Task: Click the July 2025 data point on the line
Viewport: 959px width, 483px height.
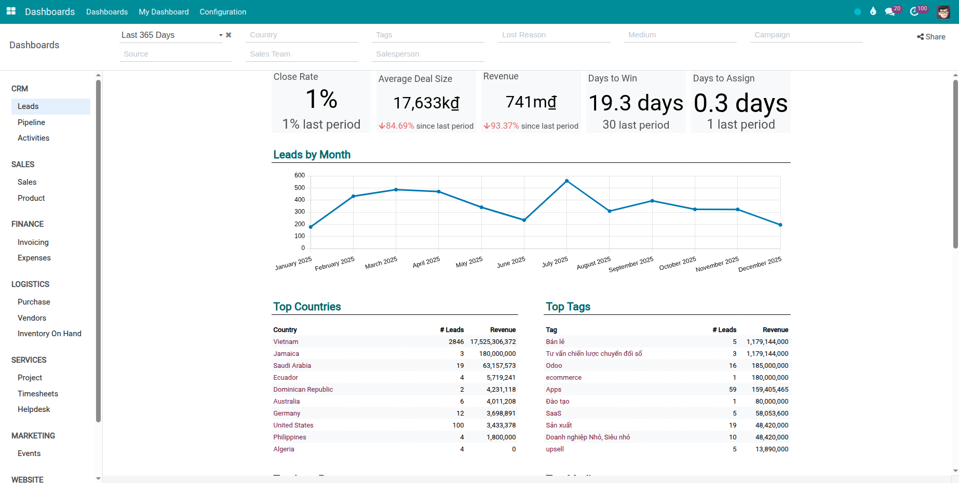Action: click(x=566, y=181)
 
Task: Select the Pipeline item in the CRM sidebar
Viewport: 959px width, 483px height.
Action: click(x=31, y=122)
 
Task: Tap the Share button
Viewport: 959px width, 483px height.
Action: click(x=931, y=37)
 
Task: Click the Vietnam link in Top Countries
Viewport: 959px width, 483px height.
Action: click(x=286, y=342)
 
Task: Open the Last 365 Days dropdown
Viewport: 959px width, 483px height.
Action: click(x=171, y=35)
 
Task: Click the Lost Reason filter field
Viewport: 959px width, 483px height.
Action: click(x=553, y=35)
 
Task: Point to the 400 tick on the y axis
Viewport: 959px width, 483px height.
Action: click(x=300, y=200)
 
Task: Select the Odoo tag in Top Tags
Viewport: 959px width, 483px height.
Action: click(x=553, y=366)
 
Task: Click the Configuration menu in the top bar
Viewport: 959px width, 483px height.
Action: click(x=223, y=12)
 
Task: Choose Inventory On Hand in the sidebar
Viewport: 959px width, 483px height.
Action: click(x=49, y=334)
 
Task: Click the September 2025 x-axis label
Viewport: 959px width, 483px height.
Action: click(x=631, y=265)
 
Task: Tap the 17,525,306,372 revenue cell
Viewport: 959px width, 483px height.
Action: click(x=493, y=342)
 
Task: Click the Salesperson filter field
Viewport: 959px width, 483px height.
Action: click(x=427, y=54)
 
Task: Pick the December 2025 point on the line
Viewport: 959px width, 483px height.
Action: click(x=780, y=225)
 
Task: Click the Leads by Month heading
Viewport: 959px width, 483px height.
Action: click(x=312, y=155)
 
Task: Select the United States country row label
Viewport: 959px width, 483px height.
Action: click(x=293, y=425)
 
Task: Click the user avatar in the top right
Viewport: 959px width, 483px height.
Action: click(x=943, y=11)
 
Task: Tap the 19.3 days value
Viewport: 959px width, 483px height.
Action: click(x=636, y=103)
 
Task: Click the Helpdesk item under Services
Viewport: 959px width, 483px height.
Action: click(x=34, y=409)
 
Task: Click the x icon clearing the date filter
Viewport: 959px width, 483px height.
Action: click(x=228, y=35)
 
